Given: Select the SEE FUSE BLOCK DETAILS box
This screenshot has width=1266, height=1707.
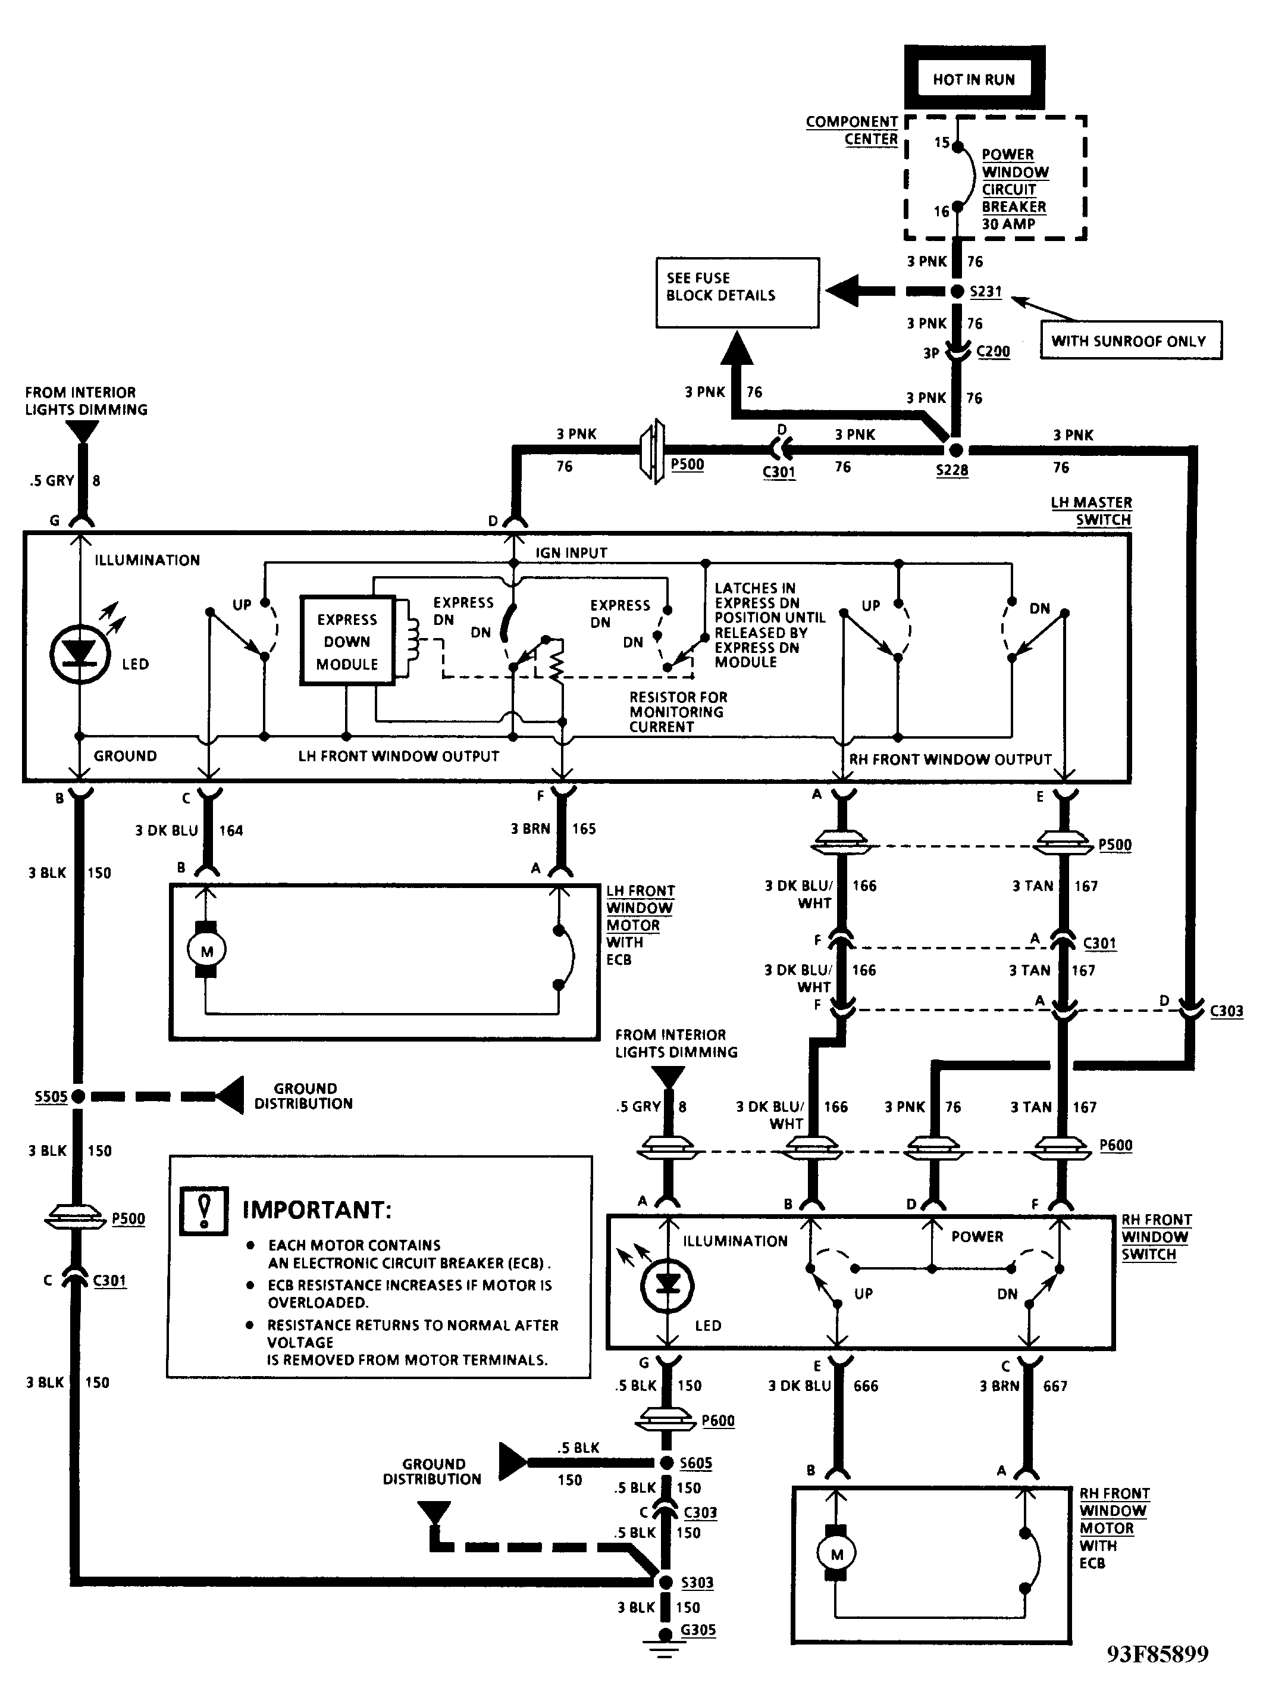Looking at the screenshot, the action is point(737,292).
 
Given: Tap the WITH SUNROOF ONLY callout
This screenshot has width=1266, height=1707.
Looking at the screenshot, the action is point(1130,340).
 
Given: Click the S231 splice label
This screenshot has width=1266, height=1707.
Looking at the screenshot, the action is point(986,291).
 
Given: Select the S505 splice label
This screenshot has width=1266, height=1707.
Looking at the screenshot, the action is point(51,1096).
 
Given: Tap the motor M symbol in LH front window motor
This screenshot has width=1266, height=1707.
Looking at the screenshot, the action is point(206,951).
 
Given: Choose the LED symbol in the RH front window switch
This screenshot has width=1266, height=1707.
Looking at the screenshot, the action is point(668,1286).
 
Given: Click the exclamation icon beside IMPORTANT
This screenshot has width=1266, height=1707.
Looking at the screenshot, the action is point(204,1211).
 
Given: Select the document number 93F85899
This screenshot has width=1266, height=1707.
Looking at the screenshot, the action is point(1157,1675).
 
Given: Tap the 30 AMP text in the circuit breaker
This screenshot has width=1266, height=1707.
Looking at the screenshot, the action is point(1008,224).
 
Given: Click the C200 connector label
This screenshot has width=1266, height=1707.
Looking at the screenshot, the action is point(993,351).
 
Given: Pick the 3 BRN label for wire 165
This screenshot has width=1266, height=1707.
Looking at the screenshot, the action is point(530,829).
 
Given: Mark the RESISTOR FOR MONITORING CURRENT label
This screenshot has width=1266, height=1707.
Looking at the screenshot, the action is point(678,712).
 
